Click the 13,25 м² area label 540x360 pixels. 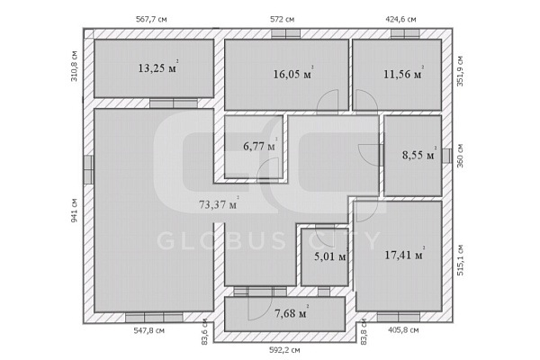click(x=158, y=67)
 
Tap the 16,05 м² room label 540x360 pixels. click(x=293, y=73)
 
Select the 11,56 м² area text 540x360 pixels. click(x=403, y=73)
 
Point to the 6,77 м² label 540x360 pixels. click(x=260, y=146)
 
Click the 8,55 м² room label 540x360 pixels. click(x=419, y=154)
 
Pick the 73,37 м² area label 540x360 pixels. click(x=219, y=203)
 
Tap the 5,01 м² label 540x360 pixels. click(x=331, y=256)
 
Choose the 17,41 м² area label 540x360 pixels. click(x=404, y=254)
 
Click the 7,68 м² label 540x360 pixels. click(x=292, y=312)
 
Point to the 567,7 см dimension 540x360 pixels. click(x=151, y=19)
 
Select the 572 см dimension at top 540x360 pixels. click(x=282, y=19)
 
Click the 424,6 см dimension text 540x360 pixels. click(x=400, y=19)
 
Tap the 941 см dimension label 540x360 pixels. click(x=74, y=210)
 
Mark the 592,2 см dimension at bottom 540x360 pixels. click(x=284, y=350)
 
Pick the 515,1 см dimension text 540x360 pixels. click(x=461, y=260)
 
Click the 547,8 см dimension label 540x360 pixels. click(x=149, y=330)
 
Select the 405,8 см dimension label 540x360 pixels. click(x=403, y=330)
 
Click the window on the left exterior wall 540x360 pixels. click(x=88, y=169)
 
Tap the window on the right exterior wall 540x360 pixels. click(x=446, y=156)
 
